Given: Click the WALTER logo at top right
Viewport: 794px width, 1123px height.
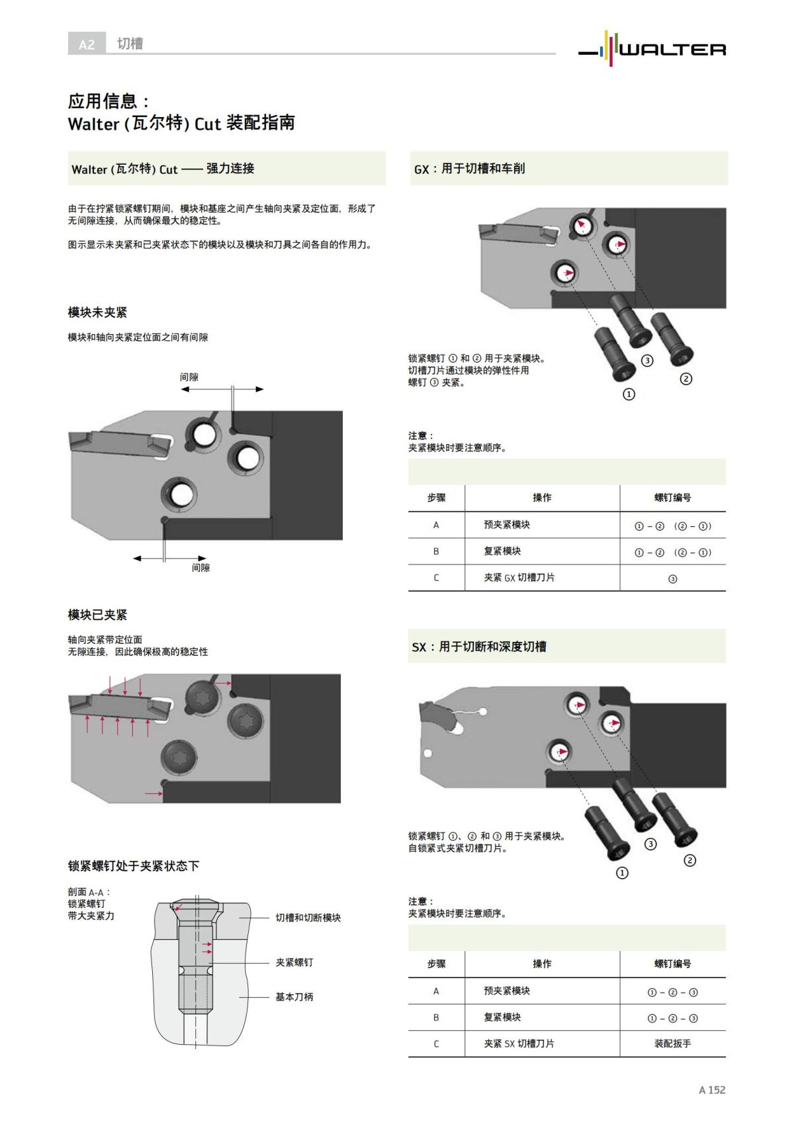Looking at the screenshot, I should tap(652, 47).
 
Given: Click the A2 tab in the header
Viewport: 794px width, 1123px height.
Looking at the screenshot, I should tap(87, 44).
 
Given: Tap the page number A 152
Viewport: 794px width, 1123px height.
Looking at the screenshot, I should tap(712, 1089).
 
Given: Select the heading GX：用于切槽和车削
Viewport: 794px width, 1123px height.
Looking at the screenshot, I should tap(469, 169).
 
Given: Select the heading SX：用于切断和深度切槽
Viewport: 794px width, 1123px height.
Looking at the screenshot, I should tap(479, 647).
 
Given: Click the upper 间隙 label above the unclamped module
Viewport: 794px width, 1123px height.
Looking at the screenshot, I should tap(189, 377).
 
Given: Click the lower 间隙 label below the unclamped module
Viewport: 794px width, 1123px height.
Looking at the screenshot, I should tap(200, 568).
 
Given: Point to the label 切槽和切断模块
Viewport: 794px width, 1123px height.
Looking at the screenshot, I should tap(308, 918).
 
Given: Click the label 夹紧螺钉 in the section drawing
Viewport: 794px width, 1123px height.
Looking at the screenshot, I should tap(294, 962).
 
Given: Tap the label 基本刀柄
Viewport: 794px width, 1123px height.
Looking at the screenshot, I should tap(294, 997).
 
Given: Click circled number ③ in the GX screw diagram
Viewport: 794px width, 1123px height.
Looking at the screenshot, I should tap(647, 361).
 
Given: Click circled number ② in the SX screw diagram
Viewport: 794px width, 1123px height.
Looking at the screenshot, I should tap(689, 860).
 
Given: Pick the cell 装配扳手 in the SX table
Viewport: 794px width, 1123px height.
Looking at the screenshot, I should tap(672, 1044).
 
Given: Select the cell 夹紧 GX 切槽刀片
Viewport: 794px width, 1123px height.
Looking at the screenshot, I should tap(519, 578).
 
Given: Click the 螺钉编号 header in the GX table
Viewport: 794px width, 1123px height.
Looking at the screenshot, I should tap(672, 498).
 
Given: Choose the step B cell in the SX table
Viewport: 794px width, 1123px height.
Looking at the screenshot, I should tap(436, 1017).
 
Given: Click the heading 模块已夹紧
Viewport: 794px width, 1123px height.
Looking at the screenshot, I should tap(97, 615).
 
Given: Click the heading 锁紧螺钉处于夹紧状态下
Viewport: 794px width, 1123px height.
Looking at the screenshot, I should tap(133, 866).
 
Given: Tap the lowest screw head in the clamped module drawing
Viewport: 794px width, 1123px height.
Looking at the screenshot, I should tap(179, 756).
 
